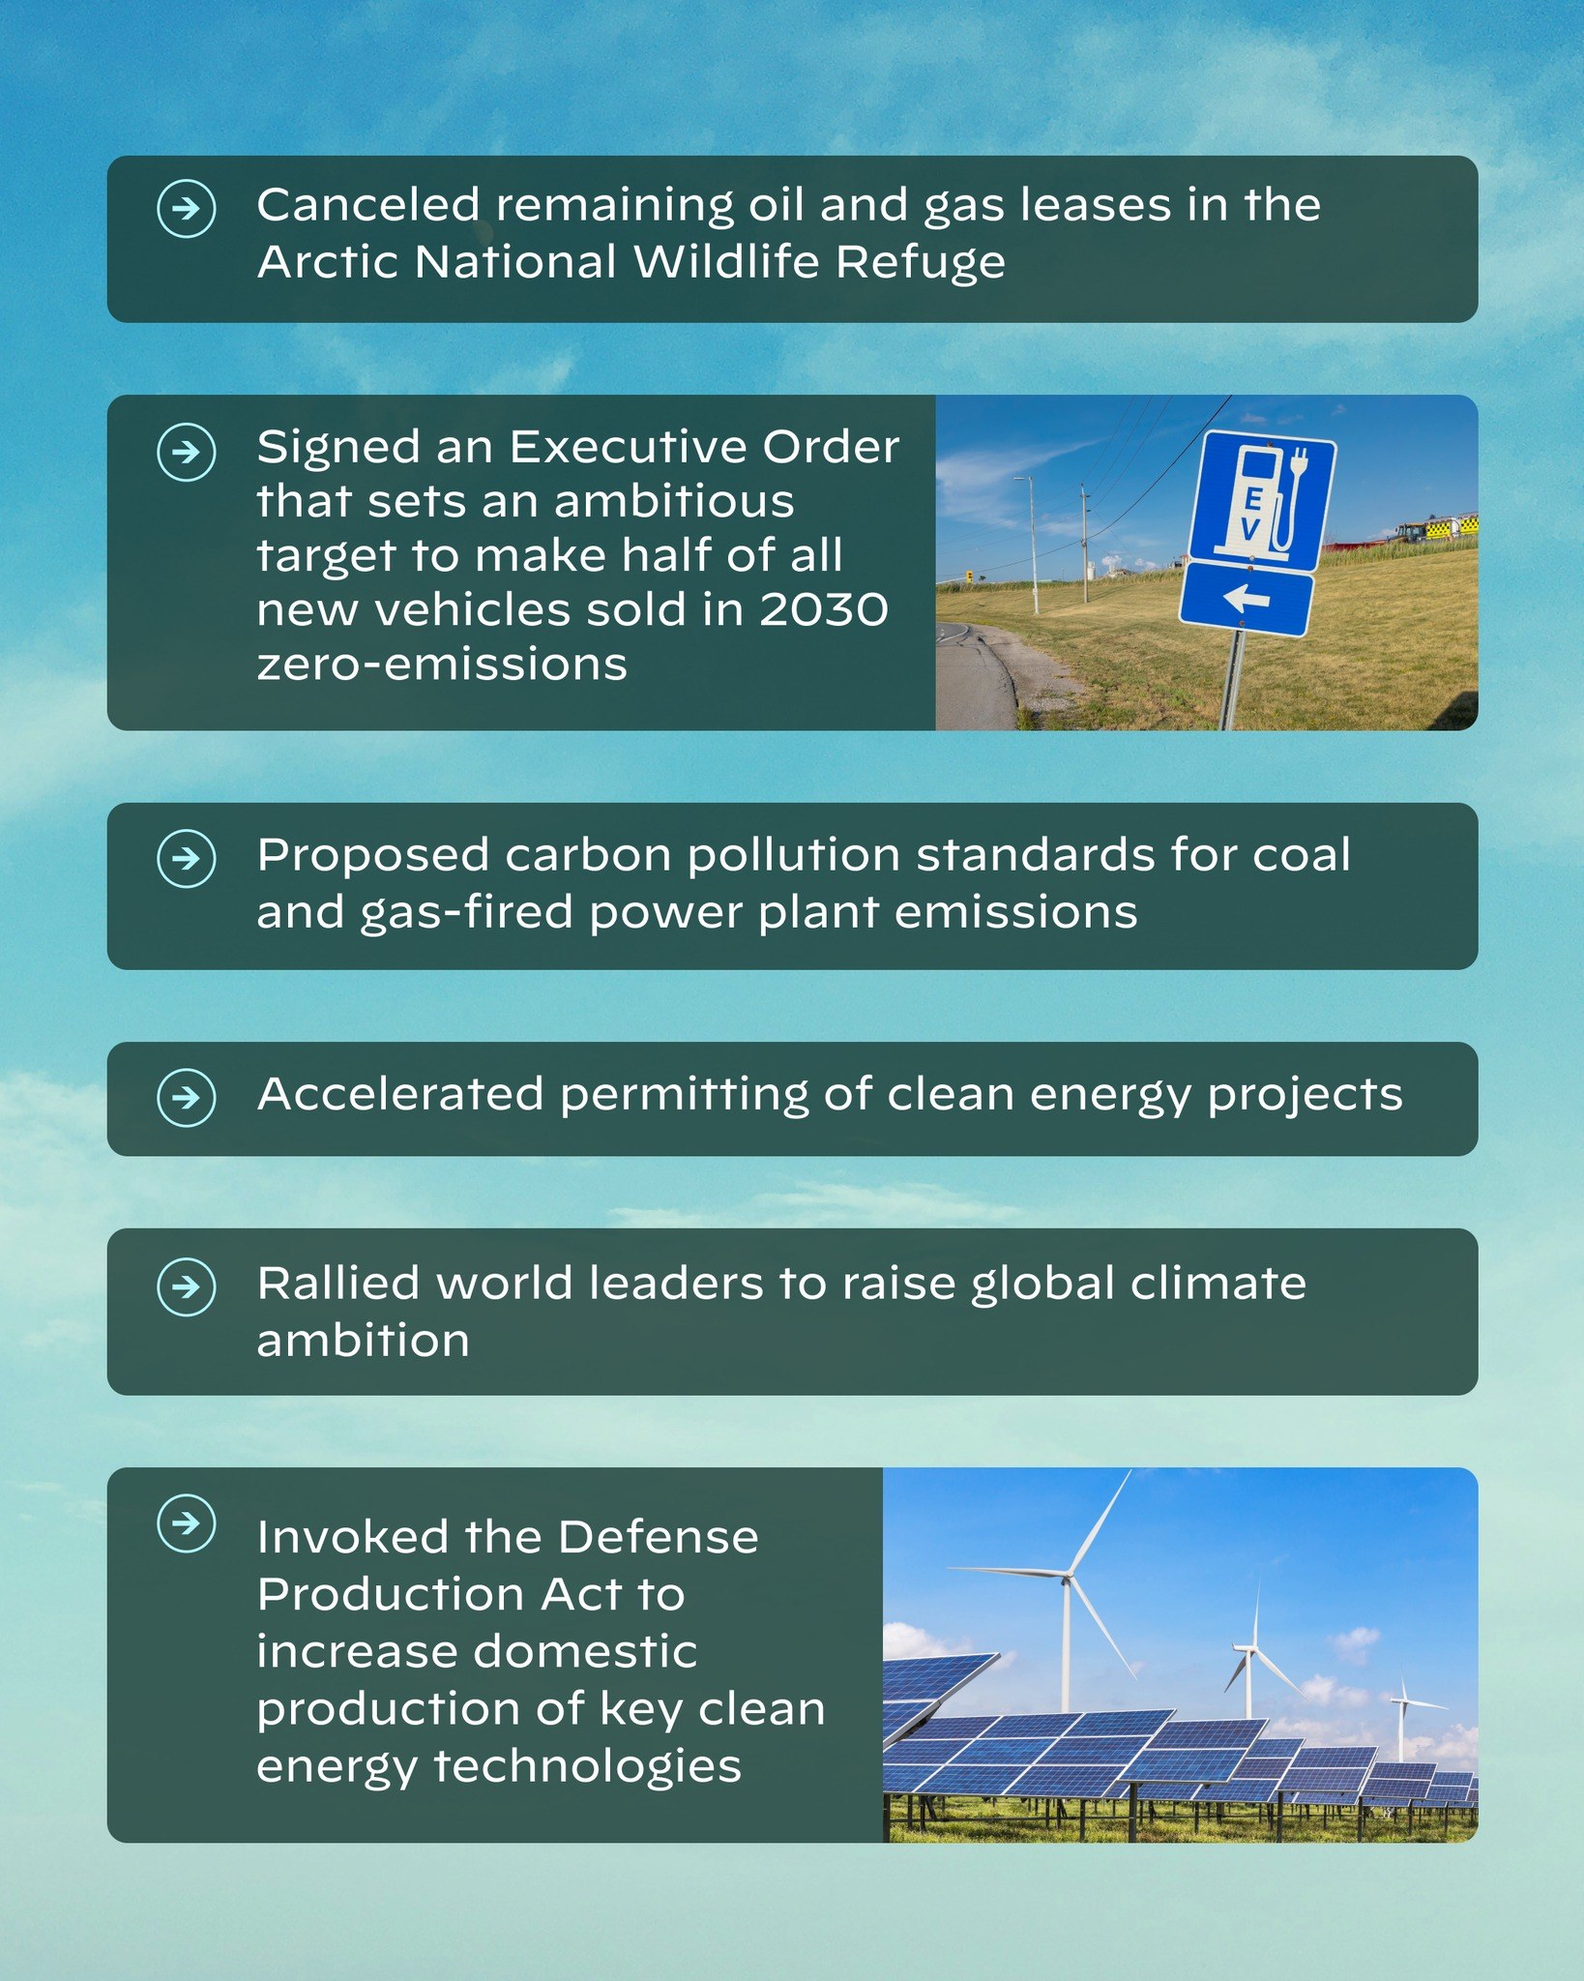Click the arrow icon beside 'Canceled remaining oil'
coord(186,208)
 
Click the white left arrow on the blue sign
coord(1247,600)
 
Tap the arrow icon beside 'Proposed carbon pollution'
coord(186,858)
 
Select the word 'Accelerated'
coord(400,1095)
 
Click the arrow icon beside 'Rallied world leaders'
coord(186,1286)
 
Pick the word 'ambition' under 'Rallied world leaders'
coord(363,1341)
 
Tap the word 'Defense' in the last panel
coord(658,1537)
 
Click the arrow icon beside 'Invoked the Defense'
coord(186,1523)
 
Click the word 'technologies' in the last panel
coord(587,1765)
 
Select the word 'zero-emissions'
coord(442,665)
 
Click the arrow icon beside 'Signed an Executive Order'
coord(186,452)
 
